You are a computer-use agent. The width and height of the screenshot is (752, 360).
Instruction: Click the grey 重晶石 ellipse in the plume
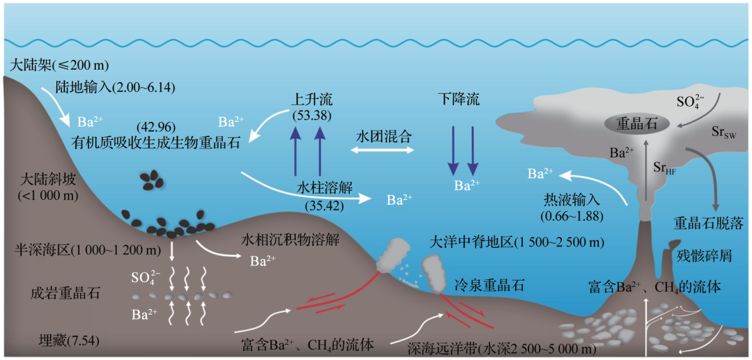tap(643, 124)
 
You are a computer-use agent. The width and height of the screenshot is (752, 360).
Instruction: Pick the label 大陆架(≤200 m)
tap(60, 65)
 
